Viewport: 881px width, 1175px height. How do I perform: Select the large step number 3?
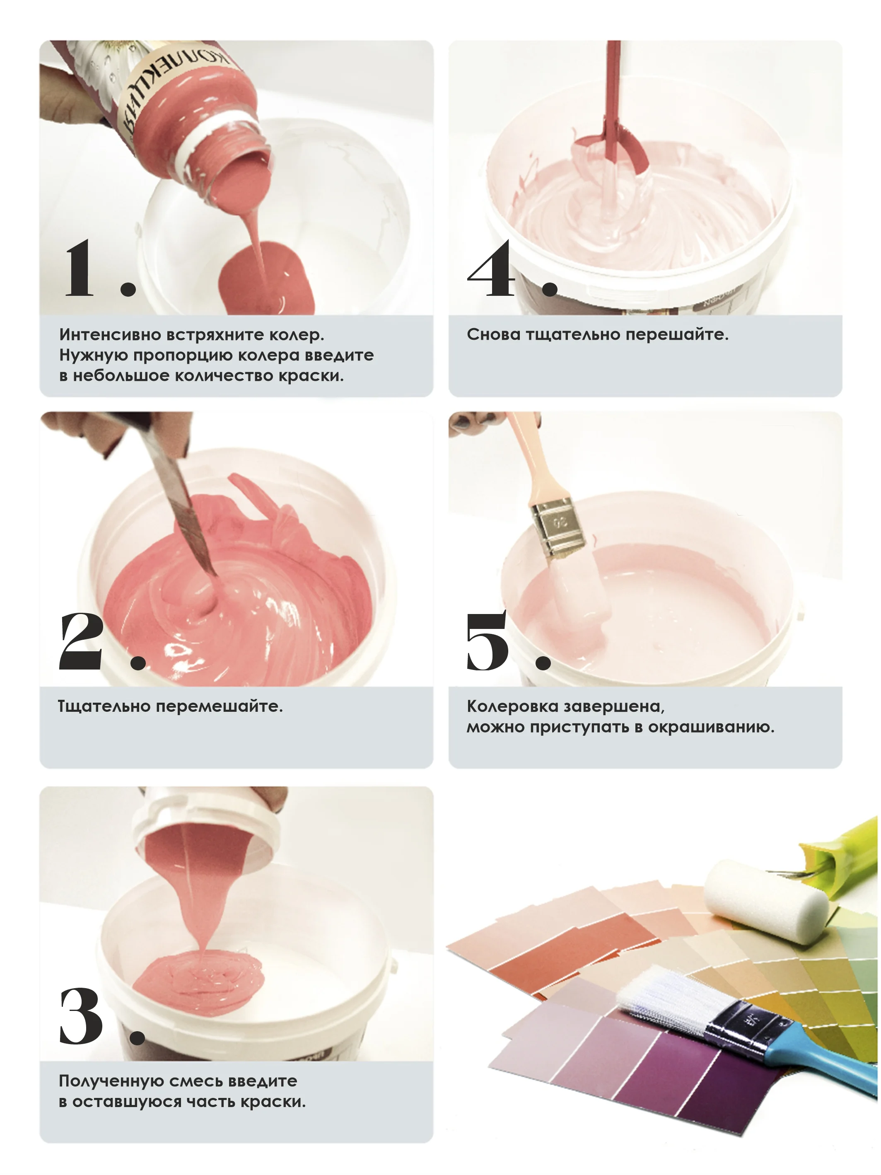pyautogui.click(x=81, y=1015)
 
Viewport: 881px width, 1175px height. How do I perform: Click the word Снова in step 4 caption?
pyautogui.click(x=493, y=335)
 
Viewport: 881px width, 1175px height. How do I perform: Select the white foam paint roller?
pyautogui.click(x=765, y=908)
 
